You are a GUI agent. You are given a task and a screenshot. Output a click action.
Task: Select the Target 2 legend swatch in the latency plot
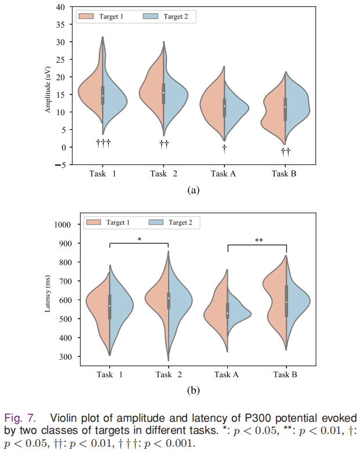(157, 222)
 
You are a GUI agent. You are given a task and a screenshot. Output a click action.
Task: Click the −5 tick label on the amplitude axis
(59, 165)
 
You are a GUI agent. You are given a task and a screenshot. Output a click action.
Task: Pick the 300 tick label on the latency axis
(59, 356)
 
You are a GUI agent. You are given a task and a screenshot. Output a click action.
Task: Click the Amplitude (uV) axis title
(49, 86)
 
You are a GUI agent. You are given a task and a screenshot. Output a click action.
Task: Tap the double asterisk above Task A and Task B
(259, 240)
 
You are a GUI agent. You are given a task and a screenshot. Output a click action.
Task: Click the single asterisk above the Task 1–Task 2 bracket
(139, 239)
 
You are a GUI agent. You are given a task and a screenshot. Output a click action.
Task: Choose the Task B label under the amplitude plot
(285, 174)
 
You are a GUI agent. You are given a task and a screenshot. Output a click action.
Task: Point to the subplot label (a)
(194, 190)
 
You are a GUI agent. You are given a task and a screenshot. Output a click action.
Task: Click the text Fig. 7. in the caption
(20, 418)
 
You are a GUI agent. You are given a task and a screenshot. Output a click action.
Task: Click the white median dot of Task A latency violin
(228, 313)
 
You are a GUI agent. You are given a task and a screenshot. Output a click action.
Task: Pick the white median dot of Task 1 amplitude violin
(103, 96)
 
